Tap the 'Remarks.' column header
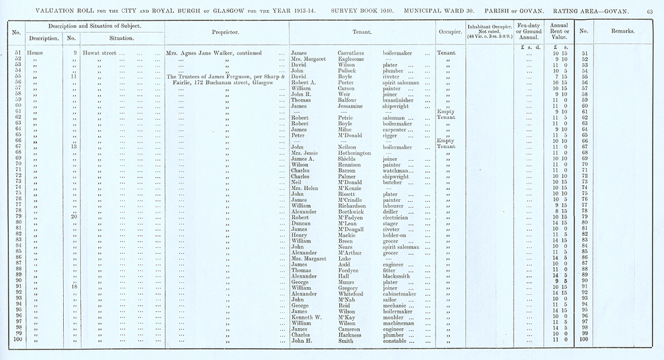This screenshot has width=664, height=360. (621, 31)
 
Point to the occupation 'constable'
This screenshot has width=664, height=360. (398, 340)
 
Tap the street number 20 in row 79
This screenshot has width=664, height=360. (75, 217)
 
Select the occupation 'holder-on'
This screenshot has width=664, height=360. (398, 234)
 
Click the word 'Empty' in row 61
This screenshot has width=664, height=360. (446, 112)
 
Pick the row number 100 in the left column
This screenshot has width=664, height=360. (19, 340)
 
